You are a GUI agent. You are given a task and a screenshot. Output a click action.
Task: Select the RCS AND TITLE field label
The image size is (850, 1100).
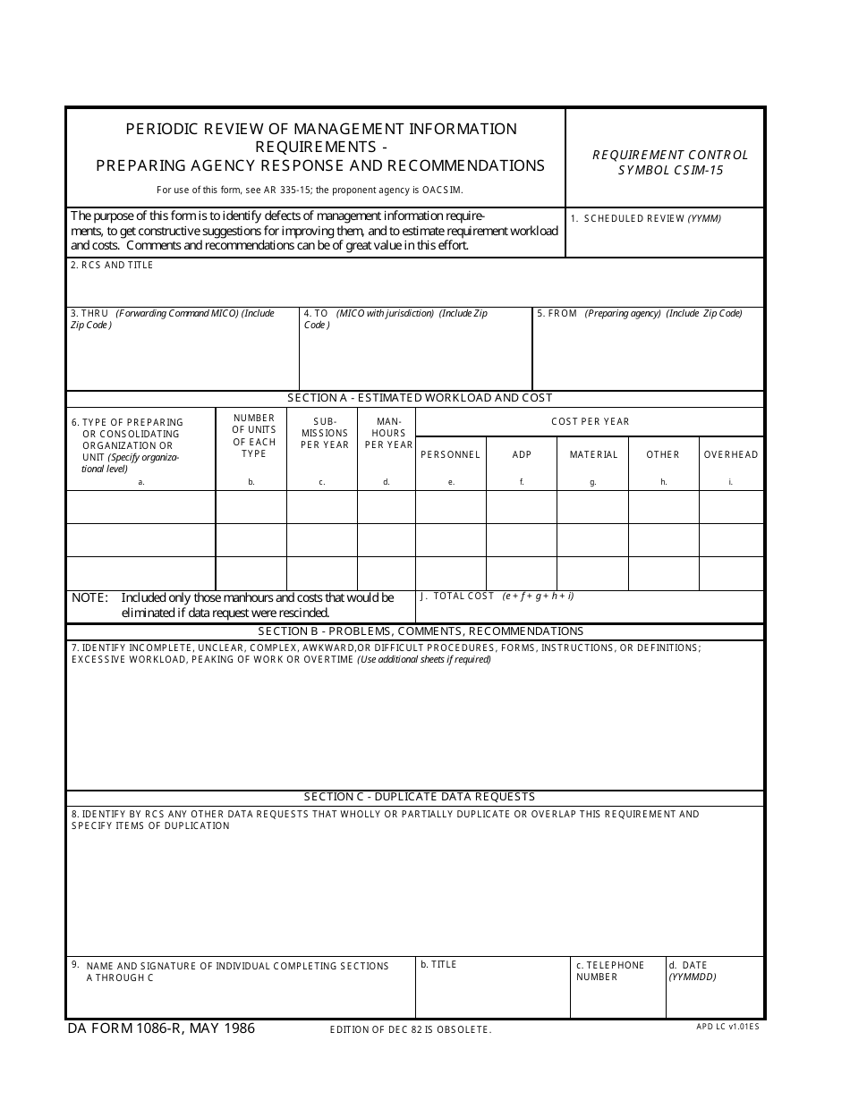tap(112, 266)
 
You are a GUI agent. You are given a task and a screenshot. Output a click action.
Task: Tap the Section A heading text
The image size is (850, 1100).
tap(420, 398)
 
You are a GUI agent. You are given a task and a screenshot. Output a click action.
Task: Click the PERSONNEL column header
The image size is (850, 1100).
tap(450, 455)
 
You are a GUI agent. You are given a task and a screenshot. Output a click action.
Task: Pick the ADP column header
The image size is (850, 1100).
tap(522, 455)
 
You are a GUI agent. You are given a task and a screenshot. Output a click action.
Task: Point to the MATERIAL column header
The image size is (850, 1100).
tap(593, 455)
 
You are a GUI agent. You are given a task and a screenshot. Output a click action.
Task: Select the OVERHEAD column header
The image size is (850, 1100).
tap(730, 455)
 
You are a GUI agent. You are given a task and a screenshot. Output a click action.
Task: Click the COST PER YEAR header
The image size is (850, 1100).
tap(590, 422)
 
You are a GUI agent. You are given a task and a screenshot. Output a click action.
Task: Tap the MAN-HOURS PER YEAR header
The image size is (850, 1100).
tap(387, 433)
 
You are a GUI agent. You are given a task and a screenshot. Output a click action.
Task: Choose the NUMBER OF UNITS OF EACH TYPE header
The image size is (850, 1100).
tap(254, 436)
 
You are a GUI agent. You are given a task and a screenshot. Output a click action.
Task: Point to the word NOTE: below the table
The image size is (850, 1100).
tap(89, 597)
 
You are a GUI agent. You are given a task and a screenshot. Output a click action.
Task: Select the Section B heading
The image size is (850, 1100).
tap(420, 631)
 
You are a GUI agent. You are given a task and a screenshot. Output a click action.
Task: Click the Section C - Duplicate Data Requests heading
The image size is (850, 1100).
tap(419, 797)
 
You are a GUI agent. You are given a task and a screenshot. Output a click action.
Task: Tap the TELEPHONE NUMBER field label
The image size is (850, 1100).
tap(609, 971)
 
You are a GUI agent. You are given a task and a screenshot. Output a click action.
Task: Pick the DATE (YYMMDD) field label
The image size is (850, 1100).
tap(692, 971)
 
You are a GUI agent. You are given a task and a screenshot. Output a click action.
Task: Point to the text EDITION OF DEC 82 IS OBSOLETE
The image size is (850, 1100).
tap(411, 1030)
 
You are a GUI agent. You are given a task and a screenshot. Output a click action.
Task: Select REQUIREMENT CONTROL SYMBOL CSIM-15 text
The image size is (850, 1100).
tap(670, 162)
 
